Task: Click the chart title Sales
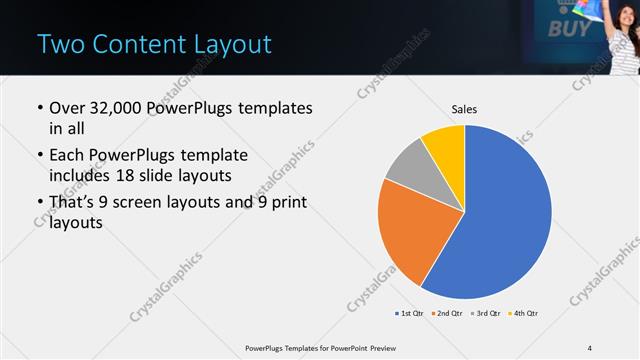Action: pos(464,108)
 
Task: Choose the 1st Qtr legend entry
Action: pos(411,314)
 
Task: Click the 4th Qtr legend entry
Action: pos(525,314)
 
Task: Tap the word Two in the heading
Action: pos(58,45)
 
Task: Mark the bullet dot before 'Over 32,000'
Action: pos(39,109)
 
